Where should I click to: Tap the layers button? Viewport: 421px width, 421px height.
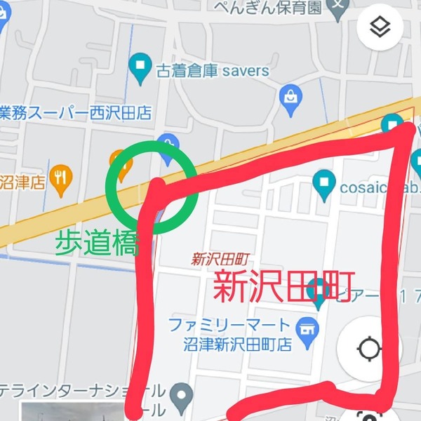(x=380, y=27)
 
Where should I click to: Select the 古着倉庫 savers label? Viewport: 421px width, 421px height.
(x=213, y=71)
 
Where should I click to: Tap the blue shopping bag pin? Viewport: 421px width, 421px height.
(x=290, y=102)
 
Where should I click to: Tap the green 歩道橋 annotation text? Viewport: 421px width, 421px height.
(x=96, y=244)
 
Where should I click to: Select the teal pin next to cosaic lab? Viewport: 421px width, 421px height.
(x=323, y=185)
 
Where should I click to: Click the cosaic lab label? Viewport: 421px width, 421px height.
(x=378, y=187)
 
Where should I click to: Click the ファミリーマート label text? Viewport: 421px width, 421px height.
(x=229, y=325)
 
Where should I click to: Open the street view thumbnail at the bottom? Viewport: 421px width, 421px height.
(x=63, y=413)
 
